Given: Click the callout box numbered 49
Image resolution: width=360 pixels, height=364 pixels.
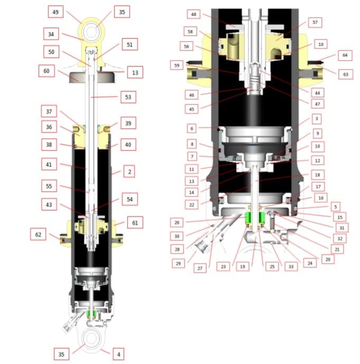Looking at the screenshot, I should point(55,11).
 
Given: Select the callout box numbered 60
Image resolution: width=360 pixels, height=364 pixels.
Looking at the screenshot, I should point(46,71).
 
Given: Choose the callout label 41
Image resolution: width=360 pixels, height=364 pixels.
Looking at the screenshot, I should point(50,164).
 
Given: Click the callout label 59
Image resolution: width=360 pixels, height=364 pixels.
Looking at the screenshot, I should point(176,65).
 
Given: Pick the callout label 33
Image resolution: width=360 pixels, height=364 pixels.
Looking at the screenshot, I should point(291,267).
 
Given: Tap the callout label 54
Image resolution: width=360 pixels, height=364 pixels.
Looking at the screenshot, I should point(129,199).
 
